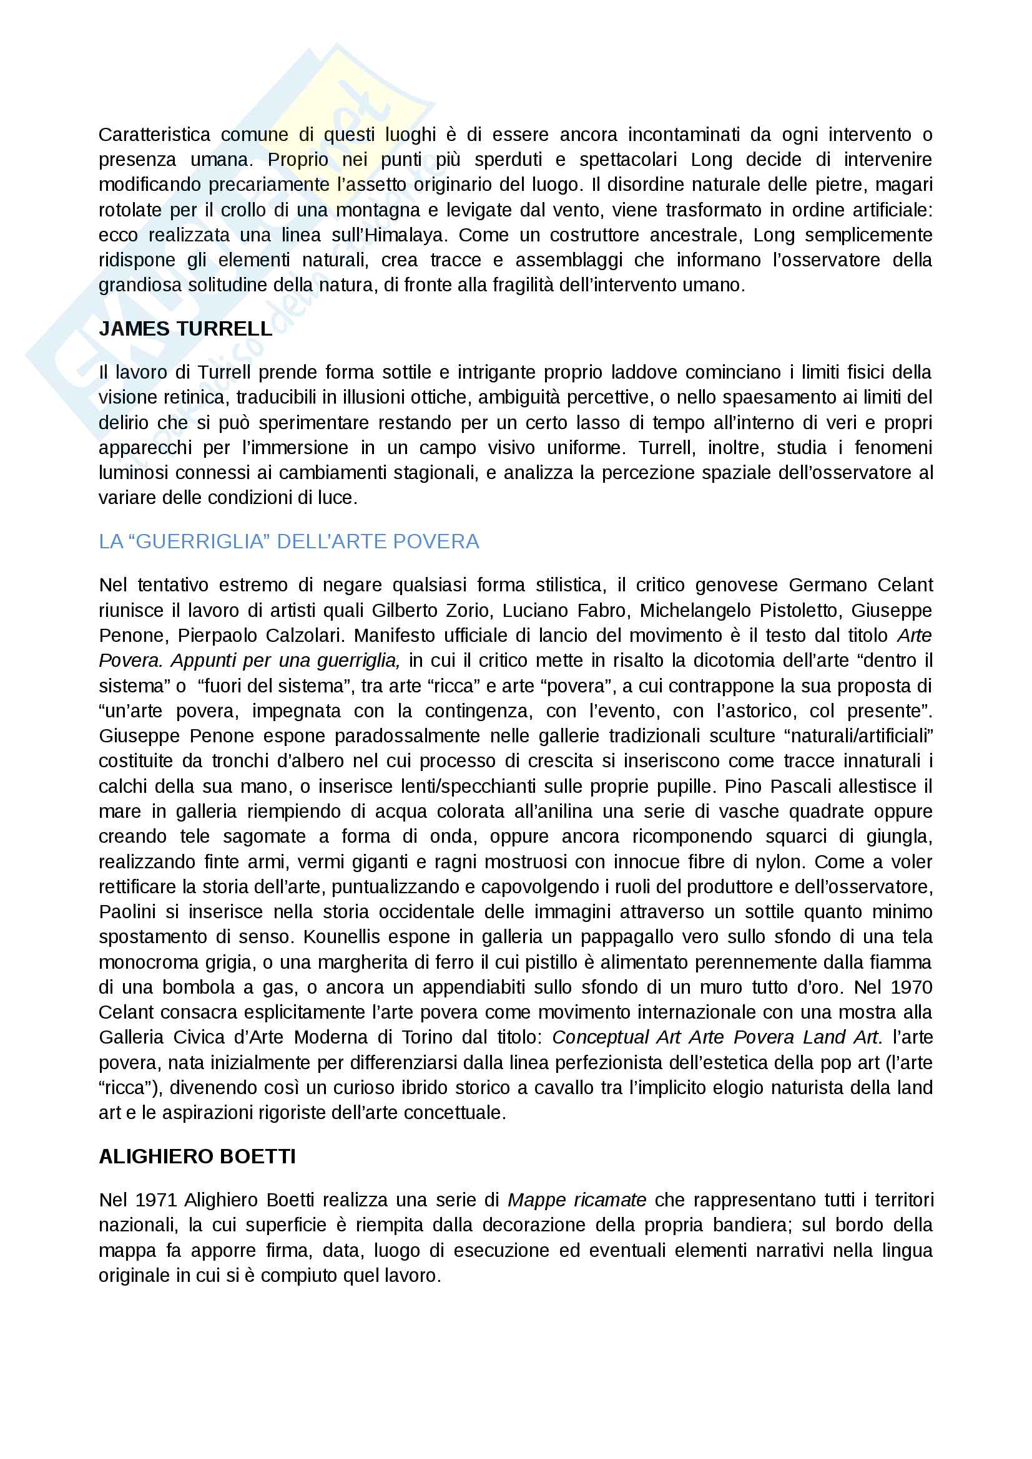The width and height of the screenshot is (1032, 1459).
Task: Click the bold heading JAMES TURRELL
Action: pos(185,329)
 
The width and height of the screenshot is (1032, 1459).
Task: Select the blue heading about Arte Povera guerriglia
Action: pos(288,541)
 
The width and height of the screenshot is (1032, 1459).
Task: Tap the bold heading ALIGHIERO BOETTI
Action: pos(197,1156)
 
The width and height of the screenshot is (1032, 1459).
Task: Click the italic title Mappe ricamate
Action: pos(577,1200)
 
